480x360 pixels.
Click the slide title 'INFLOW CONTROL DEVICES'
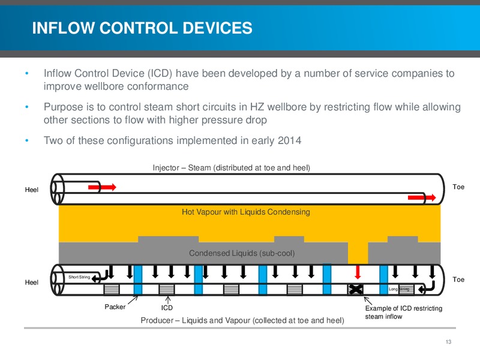tap(142, 28)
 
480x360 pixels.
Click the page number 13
tap(448, 342)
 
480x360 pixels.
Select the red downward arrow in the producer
tap(357, 272)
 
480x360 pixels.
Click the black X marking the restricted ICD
tap(355, 289)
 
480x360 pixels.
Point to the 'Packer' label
tap(115, 307)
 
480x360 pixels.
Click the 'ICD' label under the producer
tap(167, 308)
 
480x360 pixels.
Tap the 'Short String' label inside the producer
tap(79, 277)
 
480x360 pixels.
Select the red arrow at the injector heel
tap(102, 187)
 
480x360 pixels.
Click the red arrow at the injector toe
tap(422, 197)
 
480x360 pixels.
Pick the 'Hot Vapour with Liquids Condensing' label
tap(246, 212)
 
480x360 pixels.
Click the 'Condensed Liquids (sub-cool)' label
tap(242, 253)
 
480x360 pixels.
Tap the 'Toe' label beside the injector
tap(458, 187)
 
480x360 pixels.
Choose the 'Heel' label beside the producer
tap(32, 282)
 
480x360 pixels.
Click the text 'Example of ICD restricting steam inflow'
tap(403, 312)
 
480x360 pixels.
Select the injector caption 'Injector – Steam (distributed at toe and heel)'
tap(232, 168)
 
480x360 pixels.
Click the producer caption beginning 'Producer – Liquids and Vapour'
tap(242, 320)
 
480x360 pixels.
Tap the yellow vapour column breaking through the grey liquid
tap(358, 253)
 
